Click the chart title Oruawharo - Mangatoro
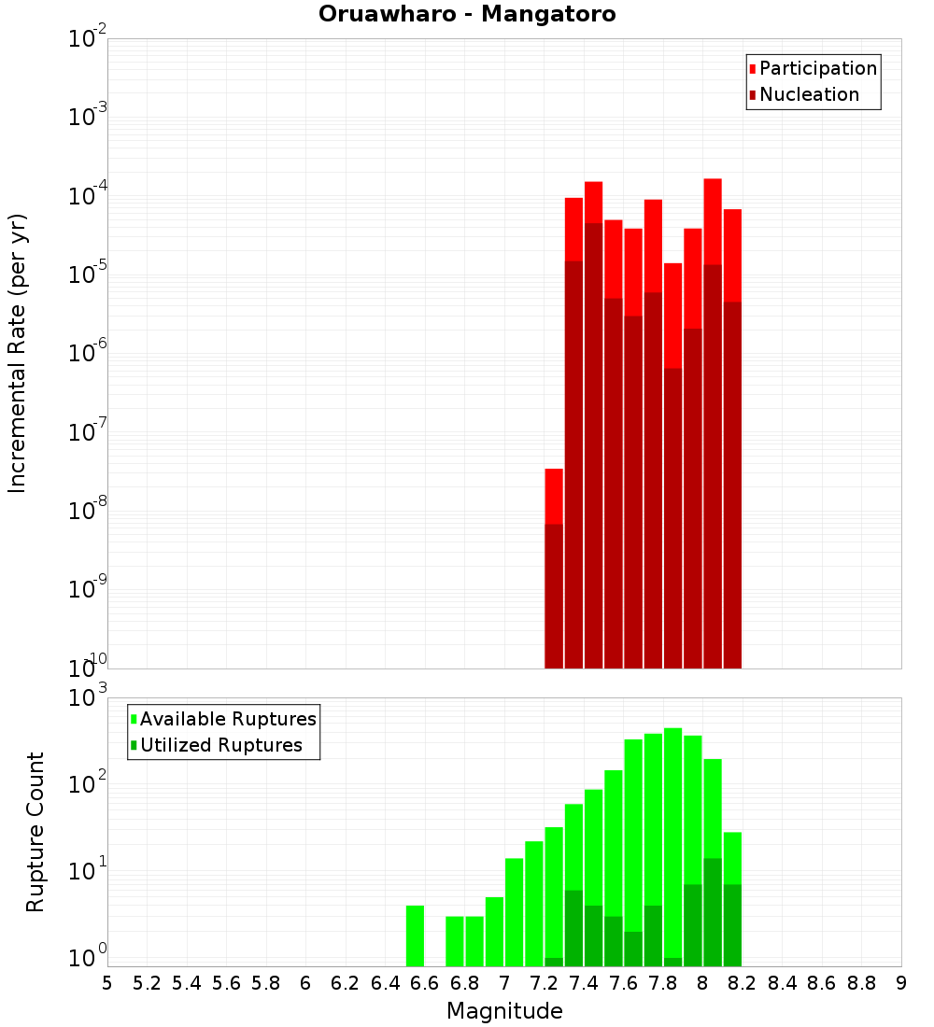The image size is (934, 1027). click(x=467, y=15)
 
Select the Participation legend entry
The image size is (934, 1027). click(x=817, y=68)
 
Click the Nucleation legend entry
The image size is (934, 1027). click(x=808, y=94)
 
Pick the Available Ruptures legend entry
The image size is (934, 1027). click(x=227, y=719)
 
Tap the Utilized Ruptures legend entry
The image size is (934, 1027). click(x=220, y=745)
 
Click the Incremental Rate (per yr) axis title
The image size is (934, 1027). click(x=18, y=353)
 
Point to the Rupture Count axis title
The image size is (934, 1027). click(x=35, y=832)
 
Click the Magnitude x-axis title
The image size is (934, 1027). click(x=504, y=1011)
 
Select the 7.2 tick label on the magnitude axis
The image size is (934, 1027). click(x=544, y=983)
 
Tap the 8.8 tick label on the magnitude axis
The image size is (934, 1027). click(x=861, y=983)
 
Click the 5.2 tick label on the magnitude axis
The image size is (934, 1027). click(x=147, y=983)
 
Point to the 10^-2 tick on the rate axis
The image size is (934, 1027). click(x=88, y=39)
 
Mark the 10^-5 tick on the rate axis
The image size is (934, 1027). click(x=88, y=274)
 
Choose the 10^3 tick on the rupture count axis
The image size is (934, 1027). click(x=88, y=698)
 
